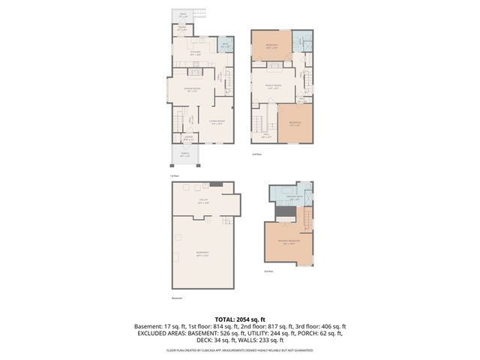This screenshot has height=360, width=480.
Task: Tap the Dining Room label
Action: (193, 89)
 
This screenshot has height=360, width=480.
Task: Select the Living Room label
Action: (217, 124)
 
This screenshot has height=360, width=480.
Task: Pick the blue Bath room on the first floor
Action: (225, 46)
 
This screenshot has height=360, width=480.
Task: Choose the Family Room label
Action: (271, 87)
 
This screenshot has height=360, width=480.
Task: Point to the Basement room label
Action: (202, 253)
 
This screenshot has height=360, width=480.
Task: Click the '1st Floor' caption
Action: (174, 175)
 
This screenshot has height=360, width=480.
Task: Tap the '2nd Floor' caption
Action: (256, 154)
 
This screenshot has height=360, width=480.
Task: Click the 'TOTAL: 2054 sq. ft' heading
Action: (240, 319)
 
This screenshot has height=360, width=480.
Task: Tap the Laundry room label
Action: (189, 139)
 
